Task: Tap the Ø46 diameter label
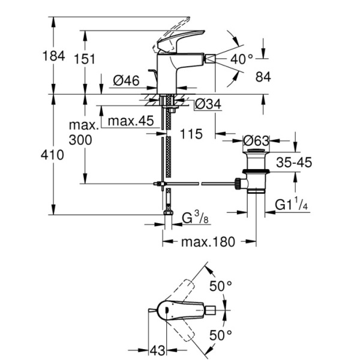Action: click(127, 80)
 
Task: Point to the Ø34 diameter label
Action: click(208, 104)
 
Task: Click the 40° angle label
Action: click(242, 59)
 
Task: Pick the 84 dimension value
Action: click(263, 77)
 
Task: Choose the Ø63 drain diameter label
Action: click(256, 141)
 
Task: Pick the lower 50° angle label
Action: click(220, 334)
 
